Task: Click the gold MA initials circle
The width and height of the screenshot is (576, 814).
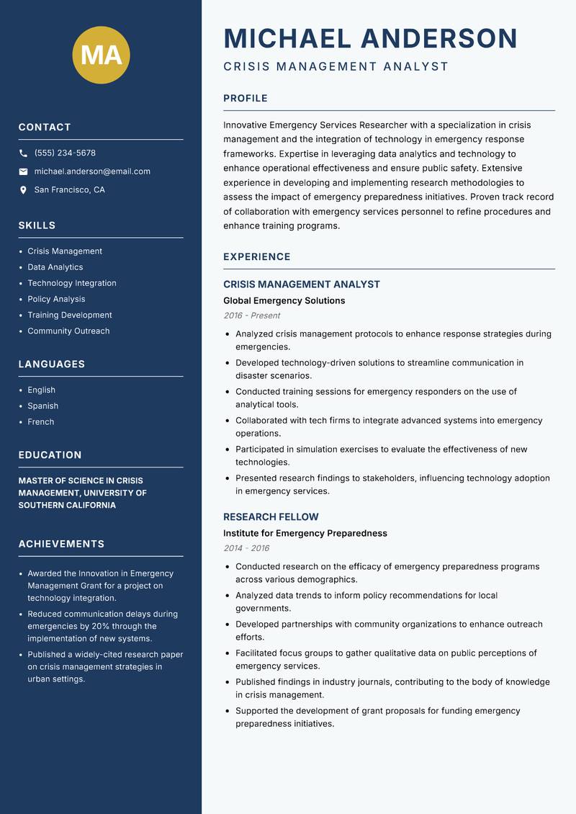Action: pyautogui.click(x=102, y=55)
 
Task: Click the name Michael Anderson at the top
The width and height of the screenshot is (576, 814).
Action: pyautogui.click(x=370, y=38)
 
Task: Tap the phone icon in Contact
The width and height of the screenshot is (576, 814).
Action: pyautogui.click(x=24, y=153)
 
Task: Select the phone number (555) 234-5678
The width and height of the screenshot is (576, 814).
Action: pyautogui.click(x=65, y=153)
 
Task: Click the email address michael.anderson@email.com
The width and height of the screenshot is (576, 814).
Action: pyautogui.click(x=92, y=171)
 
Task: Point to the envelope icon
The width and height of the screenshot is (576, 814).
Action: pyautogui.click(x=24, y=171)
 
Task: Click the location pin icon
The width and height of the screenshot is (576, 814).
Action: pyautogui.click(x=24, y=190)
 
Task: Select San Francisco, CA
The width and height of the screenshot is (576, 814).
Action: pyautogui.click(x=69, y=190)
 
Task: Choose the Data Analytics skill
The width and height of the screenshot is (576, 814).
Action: pyautogui.click(x=55, y=267)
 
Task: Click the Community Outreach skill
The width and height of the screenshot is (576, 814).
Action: pyautogui.click(x=68, y=331)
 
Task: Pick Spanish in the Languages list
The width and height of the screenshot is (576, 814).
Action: pyautogui.click(x=42, y=406)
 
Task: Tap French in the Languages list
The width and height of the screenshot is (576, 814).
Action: pyautogui.click(x=40, y=422)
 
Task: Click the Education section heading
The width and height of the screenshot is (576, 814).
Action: pyautogui.click(x=50, y=455)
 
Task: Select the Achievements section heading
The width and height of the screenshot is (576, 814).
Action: pyautogui.click(x=61, y=544)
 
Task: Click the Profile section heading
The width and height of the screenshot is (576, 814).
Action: pyautogui.click(x=245, y=99)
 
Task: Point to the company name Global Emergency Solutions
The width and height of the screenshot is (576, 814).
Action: pyautogui.click(x=284, y=301)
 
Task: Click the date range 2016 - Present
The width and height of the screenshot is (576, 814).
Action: pyautogui.click(x=251, y=316)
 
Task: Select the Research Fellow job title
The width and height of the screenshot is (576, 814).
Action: pyautogui.click(x=271, y=517)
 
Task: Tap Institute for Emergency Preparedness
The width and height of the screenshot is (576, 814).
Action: pyautogui.click(x=305, y=534)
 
